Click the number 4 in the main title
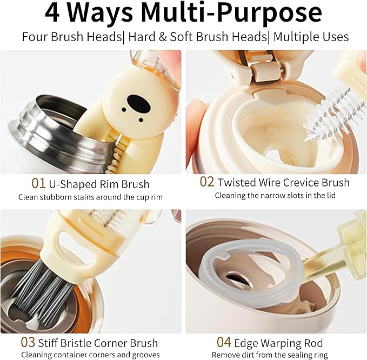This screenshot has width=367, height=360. (52, 14)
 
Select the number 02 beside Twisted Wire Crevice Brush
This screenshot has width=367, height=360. (207, 182)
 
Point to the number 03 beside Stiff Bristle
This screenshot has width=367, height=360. (28, 342)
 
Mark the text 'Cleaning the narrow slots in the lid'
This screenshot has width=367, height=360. (275, 195)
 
